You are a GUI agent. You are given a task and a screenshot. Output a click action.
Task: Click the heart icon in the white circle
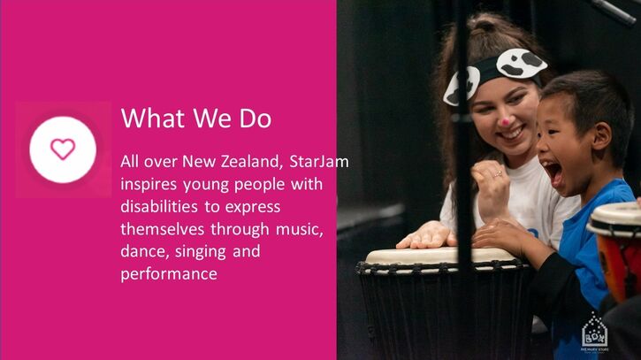tap(63, 149)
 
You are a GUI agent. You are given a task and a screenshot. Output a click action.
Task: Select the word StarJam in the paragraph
tap(319, 162)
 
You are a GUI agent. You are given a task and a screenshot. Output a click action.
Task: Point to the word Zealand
tap(252, 162)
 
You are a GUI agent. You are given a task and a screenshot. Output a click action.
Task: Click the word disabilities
tap(159, 206)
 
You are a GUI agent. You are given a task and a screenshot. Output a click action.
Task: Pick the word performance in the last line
tap(169, 274)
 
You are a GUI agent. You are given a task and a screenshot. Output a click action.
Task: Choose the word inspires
tap(149, 185)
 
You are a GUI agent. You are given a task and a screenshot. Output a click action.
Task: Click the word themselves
tap(163, 229)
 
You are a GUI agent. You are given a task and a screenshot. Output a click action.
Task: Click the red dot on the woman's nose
tap(506, 122)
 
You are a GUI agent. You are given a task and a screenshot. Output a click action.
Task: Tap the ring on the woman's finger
tap(498, 174)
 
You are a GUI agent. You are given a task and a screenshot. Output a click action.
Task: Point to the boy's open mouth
tap(553, 172)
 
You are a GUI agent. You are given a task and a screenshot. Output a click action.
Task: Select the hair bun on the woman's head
tap(485, 26)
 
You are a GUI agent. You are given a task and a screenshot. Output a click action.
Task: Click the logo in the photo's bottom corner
tap(595, 333)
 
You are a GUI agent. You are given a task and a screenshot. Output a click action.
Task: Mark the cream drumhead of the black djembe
tap(439, 257)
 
